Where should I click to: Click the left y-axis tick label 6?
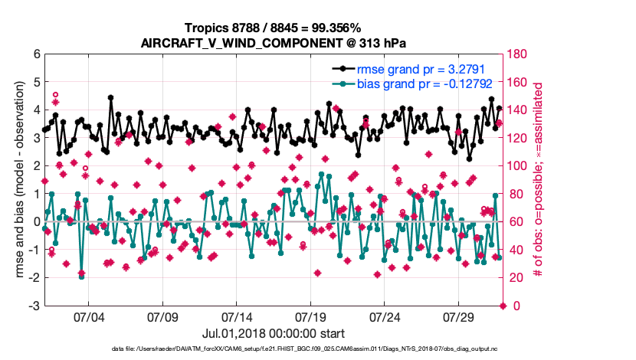pyautogui.click(x=35, y=54)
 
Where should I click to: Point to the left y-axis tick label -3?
pyautogui.click(x=34, y=306)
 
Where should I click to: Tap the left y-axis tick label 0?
pyautogui.click(x=35, y=222)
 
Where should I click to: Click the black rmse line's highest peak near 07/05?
pyautogui.click(x=110, y=97)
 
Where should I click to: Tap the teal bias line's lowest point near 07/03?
pyautogui.click(x=81, y=277)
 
